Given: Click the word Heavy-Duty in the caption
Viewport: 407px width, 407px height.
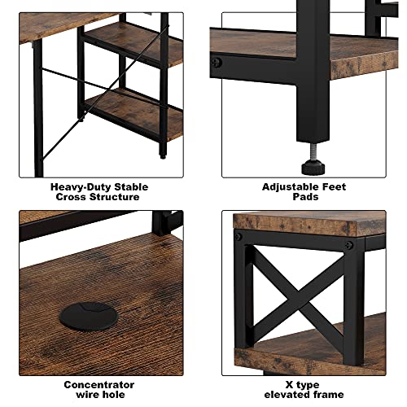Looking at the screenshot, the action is click(81, 187).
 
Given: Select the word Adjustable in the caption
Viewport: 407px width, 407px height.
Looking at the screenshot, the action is click(290, 187).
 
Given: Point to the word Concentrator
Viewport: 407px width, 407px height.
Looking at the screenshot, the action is click(99, 385).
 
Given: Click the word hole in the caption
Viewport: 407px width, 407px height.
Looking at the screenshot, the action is click(113, 395).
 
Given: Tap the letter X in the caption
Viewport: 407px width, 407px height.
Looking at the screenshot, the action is click(290, 385).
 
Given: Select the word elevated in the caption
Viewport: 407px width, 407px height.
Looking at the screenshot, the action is click(290, 395).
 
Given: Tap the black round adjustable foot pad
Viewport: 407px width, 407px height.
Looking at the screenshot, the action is click(313, 167).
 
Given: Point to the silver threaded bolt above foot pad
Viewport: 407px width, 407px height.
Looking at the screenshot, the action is click(313, 151).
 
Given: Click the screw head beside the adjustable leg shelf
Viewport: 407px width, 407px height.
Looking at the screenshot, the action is click(217, 63).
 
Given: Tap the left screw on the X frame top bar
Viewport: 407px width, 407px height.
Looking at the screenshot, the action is click(239, 237).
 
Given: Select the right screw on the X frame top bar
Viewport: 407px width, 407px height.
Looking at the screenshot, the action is click(348, 246).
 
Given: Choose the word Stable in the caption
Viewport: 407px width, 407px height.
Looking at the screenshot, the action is click(131, 187).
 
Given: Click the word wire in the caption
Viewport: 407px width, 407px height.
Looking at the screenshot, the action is click(87, 395).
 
